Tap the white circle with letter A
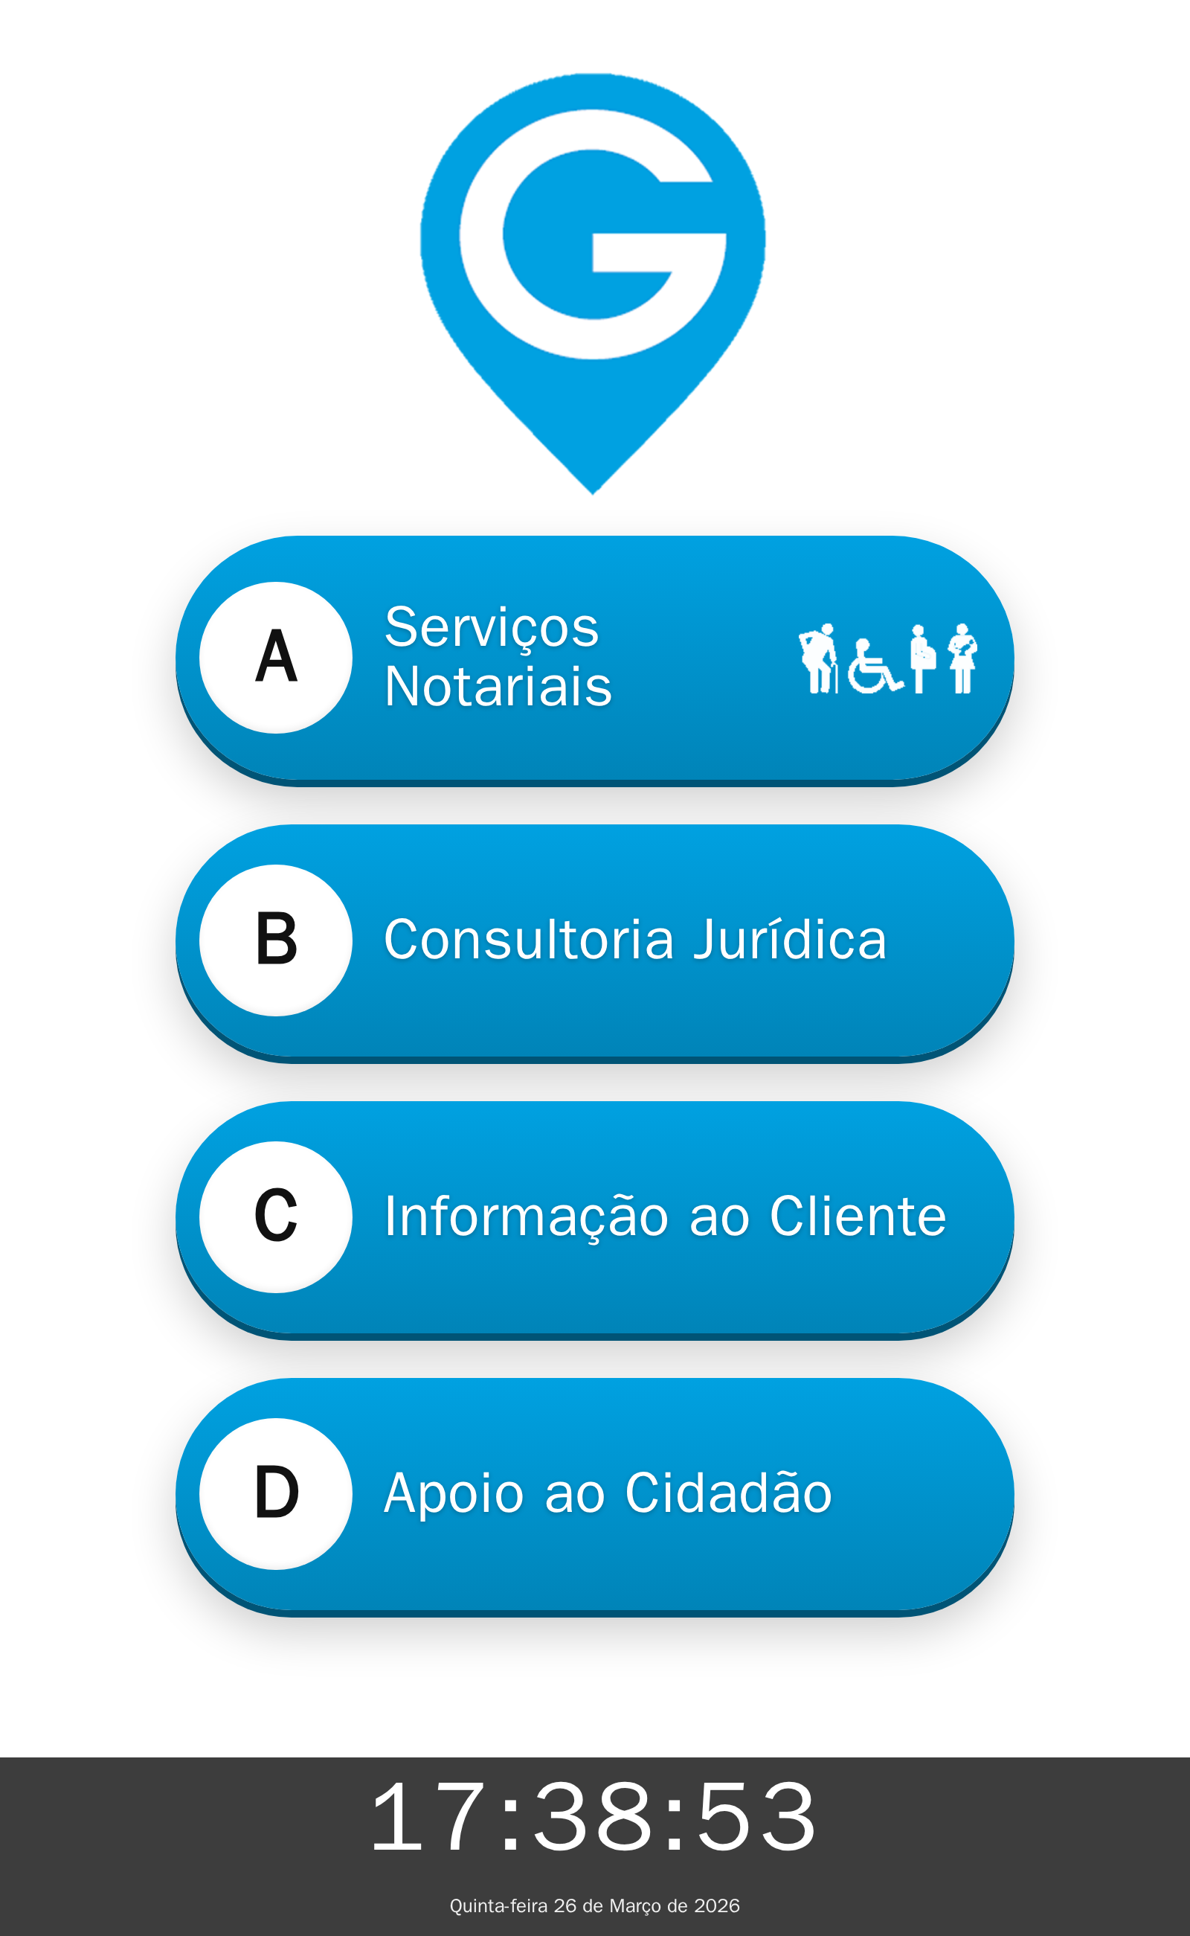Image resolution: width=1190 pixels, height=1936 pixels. (275, 658)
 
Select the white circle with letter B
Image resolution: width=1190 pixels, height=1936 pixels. (275, 940)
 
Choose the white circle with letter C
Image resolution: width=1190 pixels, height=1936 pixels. (275, 1217)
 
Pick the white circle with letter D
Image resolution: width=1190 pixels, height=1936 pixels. (275, 1493)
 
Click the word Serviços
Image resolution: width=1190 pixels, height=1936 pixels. (492, 628)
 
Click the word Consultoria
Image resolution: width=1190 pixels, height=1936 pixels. (529, 940)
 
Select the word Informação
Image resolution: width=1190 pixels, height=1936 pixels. (527, 1217)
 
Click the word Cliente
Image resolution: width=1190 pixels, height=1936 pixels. (857, 1217)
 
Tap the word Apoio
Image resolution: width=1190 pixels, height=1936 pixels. (454, 1493)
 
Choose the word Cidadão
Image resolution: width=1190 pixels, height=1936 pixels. (728, 1493)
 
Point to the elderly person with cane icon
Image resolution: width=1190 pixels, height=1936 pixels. (819, 658)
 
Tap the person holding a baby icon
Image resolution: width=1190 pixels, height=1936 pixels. (962, 658)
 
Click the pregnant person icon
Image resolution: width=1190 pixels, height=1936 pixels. (921, 658)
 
